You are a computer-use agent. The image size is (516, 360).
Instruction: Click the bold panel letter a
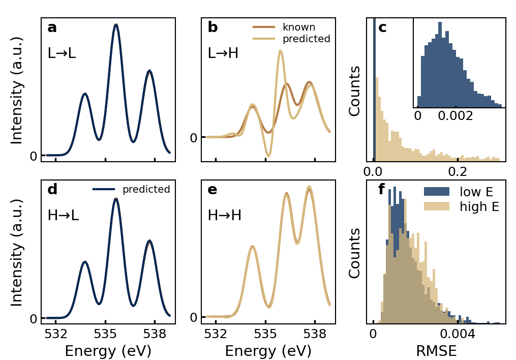52,28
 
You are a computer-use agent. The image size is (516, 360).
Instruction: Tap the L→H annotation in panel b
223,53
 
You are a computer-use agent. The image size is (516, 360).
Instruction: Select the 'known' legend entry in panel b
299,27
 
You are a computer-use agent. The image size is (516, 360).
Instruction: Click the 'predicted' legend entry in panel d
146,190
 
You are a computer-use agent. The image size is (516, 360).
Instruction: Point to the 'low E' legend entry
477,192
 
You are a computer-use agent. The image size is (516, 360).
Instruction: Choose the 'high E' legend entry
479,207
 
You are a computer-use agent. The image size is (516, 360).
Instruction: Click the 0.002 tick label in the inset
455,115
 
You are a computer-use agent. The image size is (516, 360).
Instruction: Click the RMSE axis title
436,351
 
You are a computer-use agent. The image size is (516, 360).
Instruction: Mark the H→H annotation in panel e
224,215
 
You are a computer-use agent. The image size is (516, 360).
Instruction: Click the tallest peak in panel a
116,25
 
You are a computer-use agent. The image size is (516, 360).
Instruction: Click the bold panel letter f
381,190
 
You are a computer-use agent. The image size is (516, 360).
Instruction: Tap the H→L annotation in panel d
63,215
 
